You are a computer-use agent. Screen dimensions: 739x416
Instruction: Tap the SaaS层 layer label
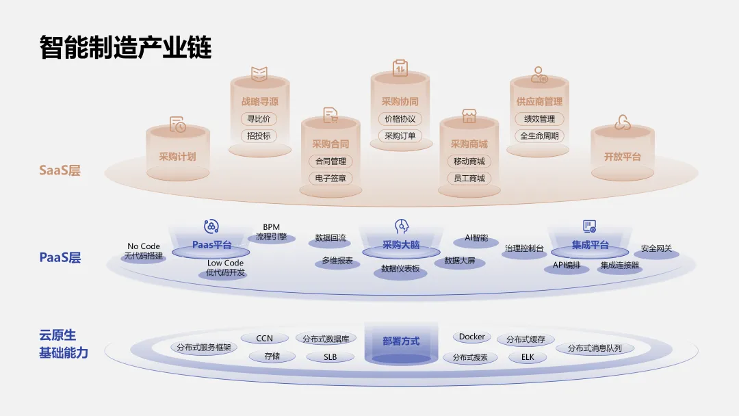(60, 170)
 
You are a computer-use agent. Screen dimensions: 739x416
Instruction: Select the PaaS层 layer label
(60, 258)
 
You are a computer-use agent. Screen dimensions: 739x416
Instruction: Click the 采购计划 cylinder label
(177, 156)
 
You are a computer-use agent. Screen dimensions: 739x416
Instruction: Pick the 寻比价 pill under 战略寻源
(259, 118)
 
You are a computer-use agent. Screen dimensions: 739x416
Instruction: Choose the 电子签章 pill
(331, 179)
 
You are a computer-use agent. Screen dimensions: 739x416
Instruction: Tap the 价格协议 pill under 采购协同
(400, 118)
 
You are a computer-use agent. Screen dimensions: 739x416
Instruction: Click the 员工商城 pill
(469, 179)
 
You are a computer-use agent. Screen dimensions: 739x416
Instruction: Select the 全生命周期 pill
(539, 135)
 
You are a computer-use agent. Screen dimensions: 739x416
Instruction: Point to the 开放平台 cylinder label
(622, 156)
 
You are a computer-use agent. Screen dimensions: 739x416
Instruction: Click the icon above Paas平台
(211, 226)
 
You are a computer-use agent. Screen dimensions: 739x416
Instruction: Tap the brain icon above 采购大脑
(401, 226)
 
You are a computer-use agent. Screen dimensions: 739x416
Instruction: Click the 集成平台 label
(590, 245)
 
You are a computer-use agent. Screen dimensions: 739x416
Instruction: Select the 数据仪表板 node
(400, 269)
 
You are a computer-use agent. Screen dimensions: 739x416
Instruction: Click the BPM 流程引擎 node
(272, 232)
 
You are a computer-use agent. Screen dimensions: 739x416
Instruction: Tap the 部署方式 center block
(401, 341)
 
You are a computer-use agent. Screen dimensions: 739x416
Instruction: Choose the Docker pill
(472, 337)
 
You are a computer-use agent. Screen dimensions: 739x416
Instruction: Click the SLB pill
(330, 357)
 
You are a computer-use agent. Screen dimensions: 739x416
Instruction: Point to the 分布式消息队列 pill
(595, 348)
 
